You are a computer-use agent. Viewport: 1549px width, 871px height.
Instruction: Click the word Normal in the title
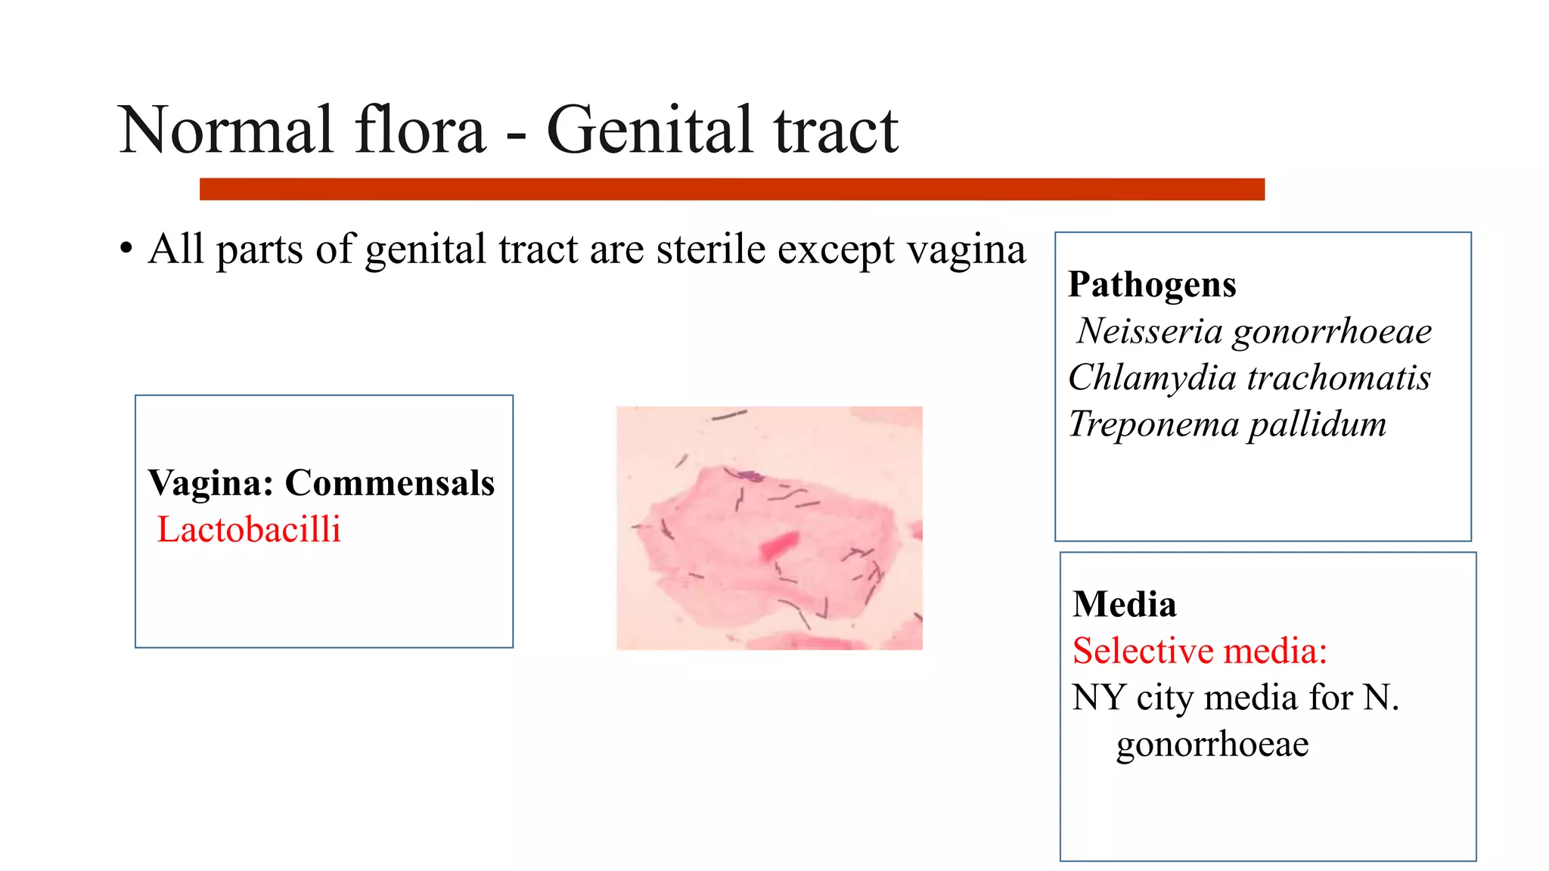tap(226, 130)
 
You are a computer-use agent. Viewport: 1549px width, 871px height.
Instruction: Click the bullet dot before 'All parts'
tap(126, 249)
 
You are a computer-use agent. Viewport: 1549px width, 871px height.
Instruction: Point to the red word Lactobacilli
tap(249, 529)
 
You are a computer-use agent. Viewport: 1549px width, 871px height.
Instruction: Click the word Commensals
tap(390, 482)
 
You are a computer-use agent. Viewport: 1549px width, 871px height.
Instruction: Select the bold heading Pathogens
tap(1152, 285)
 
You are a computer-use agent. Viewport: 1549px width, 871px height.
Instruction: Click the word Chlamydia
tap(1152, 377)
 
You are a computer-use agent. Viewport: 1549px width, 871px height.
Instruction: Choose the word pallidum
tap(1318, 424)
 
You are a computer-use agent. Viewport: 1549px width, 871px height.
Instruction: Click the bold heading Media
tap(1125, 605)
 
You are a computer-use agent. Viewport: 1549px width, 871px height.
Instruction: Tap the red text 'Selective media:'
tap(1200, 651)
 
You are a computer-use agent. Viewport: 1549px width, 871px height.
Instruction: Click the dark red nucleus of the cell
tap(779, 545)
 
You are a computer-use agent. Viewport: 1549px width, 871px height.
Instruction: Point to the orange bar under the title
tap(731, 189)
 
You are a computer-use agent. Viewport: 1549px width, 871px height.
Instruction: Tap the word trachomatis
tap(1339, 377)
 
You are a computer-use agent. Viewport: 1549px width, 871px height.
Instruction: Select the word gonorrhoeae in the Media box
tap(1212, 744)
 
